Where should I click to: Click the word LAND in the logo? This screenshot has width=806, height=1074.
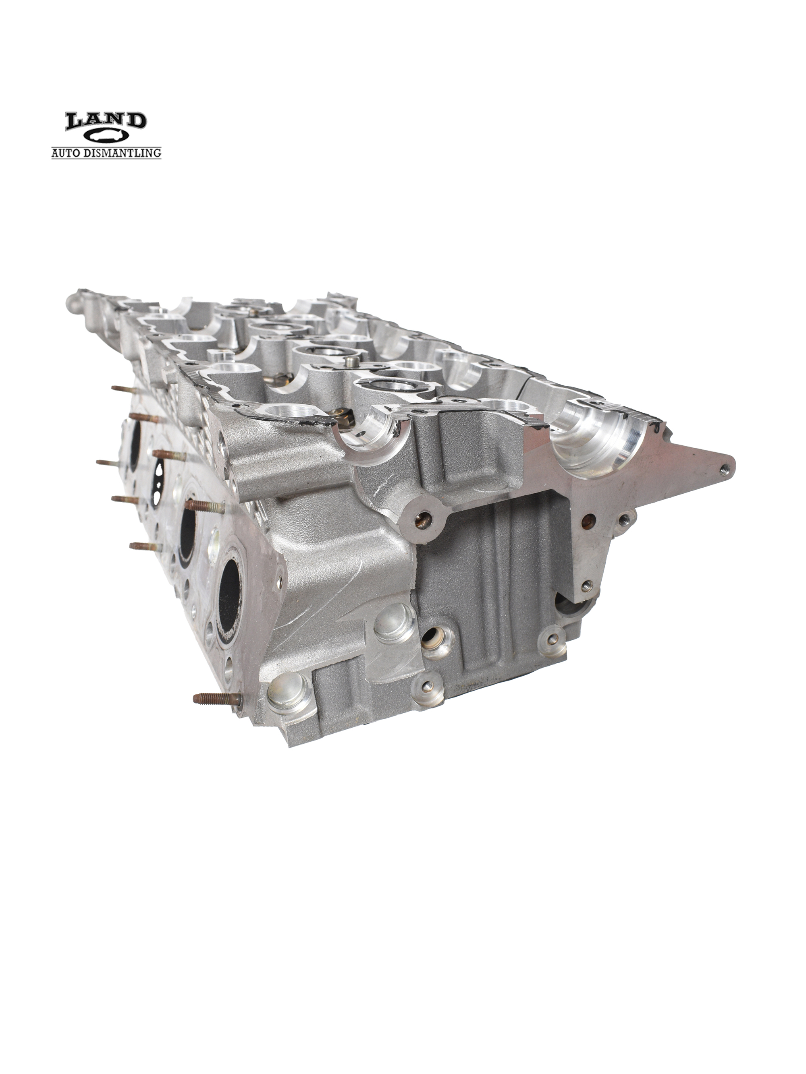click(x=106, y=121)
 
